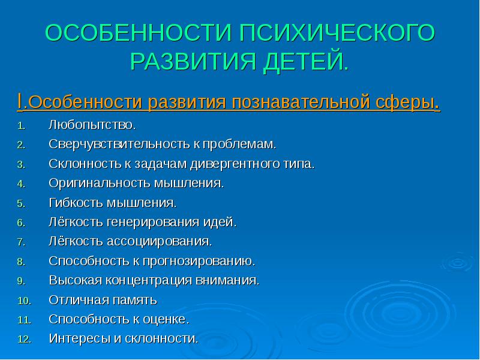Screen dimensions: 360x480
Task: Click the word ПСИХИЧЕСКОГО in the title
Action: (x=337, y=34)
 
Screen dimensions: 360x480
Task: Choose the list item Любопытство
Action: (x=92, y=127)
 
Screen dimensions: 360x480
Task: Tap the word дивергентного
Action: (x=233, y=164)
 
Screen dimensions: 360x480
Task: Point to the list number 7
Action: (x=20, y=242)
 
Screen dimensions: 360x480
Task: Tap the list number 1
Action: (x=20, y=127)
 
